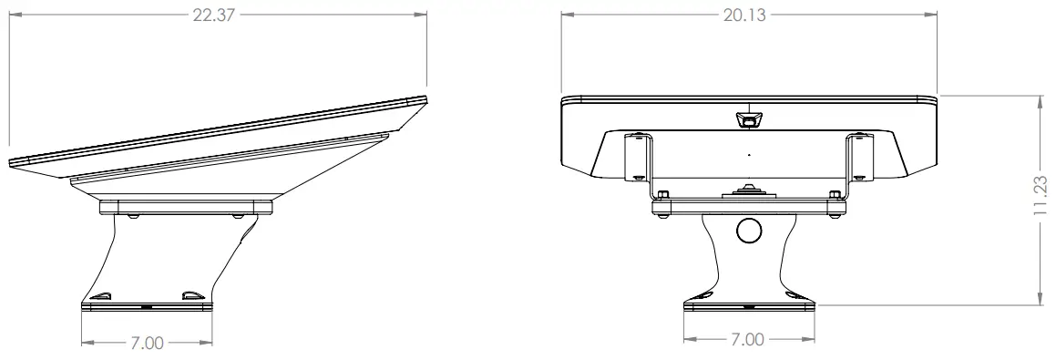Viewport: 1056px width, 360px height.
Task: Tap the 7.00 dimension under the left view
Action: (146, 344)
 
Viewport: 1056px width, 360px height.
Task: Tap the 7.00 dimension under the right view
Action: (748, 339)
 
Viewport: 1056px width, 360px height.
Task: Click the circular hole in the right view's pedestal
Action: (748, 231)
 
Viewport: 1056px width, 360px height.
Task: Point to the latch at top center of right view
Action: (748, 120)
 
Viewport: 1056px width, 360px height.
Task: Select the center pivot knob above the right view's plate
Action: (748, 190)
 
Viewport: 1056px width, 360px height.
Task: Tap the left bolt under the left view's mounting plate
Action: (134, 216)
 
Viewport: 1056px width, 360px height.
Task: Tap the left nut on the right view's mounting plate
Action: (662, 193)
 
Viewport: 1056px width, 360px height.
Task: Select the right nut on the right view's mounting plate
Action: (834, 193)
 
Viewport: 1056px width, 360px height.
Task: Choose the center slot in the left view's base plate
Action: (147, 307)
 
